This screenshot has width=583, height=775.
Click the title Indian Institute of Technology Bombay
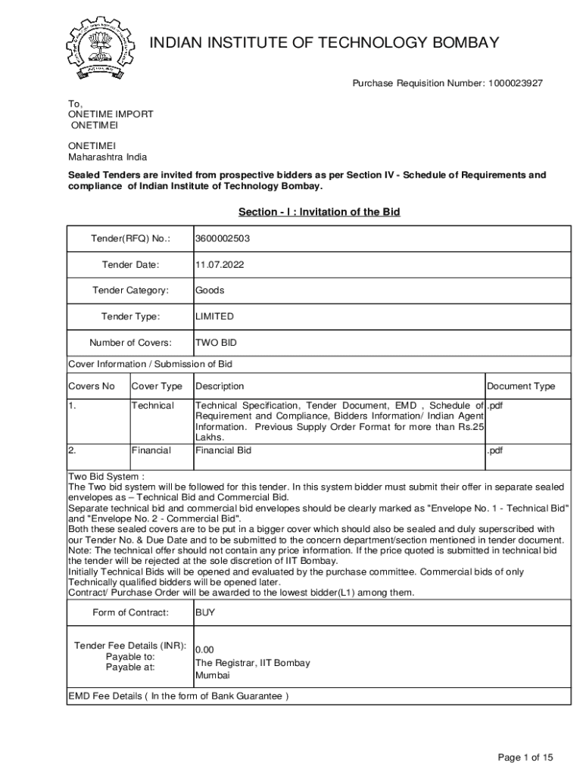click(325, 42)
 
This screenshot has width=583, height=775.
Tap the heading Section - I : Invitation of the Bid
click(319, 212)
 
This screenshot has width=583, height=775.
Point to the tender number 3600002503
click(223, 239)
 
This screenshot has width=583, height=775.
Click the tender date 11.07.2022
click(220, 265)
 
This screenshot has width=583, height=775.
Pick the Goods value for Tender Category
click(210, 291)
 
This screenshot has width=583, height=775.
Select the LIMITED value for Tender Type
click(214, 316)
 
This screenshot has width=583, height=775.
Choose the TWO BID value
click(216, 342)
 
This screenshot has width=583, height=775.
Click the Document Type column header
click(520, 387)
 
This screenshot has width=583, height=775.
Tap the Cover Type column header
click(157, 387)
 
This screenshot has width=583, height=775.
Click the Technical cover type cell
click(152, 406)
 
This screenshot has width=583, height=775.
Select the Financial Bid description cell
click(223, 450)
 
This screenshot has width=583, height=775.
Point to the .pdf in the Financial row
click(495, 450)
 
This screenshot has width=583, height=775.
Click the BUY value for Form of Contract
click(205, 613)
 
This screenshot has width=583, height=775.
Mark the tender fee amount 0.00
click(205, 650)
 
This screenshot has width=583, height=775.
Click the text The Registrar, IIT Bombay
click(252, 663)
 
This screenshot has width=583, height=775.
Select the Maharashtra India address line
click(108, 157)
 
